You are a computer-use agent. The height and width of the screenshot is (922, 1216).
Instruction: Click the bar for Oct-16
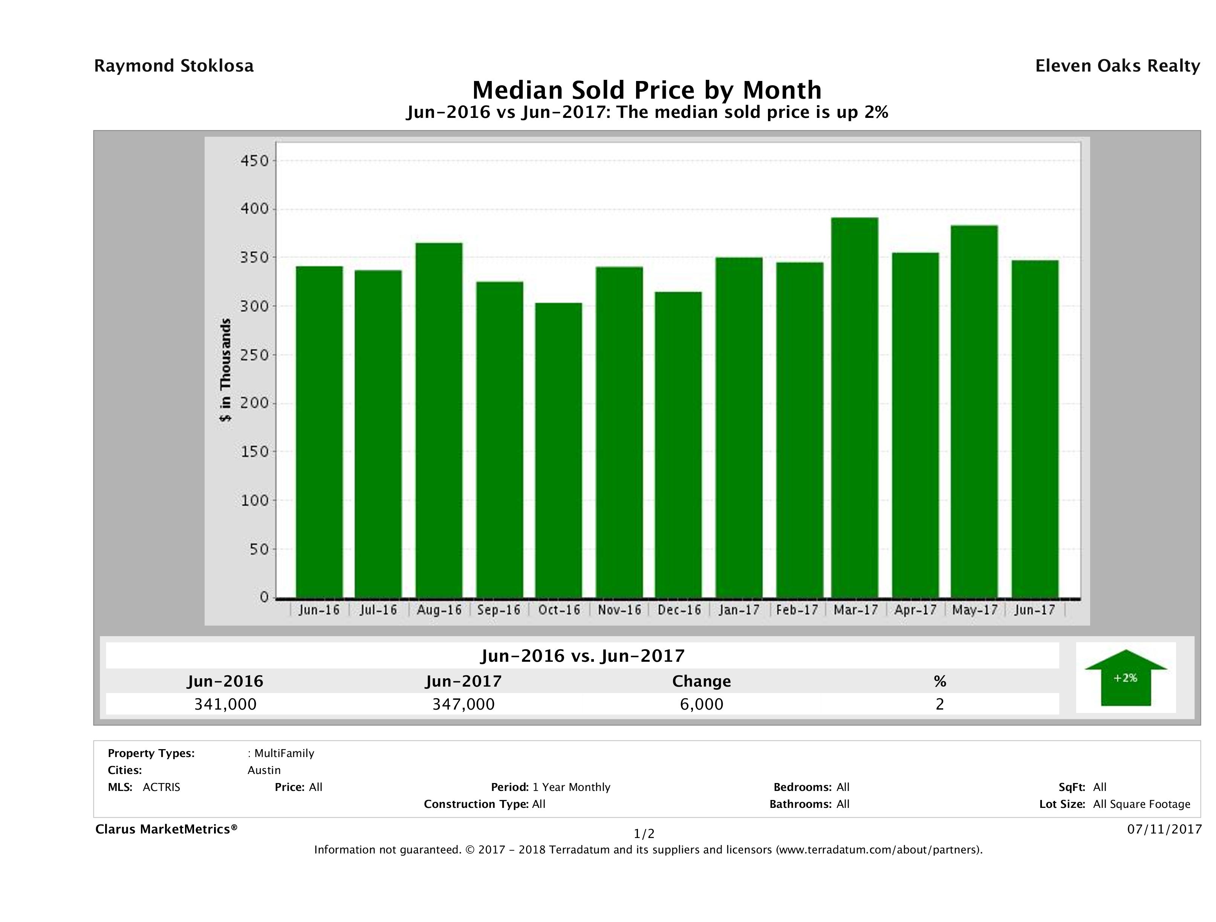click(558, 450)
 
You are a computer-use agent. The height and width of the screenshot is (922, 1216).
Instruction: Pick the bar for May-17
click(974, 412)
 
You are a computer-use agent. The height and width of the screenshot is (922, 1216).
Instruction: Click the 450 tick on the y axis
click(254, 161)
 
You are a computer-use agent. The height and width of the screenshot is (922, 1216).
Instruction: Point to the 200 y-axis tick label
click(254, 403)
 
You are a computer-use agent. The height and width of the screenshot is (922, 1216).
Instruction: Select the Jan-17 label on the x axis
click(739, 610)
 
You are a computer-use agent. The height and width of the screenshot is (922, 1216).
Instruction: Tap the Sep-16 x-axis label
click(499, 610)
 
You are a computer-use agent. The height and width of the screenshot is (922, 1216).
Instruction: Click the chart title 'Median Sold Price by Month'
click(647, 90)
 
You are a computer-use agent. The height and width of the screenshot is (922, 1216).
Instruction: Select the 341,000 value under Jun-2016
click(225, 704)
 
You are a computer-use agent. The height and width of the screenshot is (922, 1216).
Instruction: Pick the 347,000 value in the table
click(463, 704)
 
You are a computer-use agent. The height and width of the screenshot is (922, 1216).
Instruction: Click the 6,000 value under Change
click(702, 704)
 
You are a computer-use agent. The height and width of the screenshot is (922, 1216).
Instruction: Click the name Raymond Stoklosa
click(174, 66)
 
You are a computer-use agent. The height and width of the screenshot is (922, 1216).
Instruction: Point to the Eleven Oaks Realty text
click(1117, 66)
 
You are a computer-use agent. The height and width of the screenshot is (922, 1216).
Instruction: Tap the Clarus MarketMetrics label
click(166, 829)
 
